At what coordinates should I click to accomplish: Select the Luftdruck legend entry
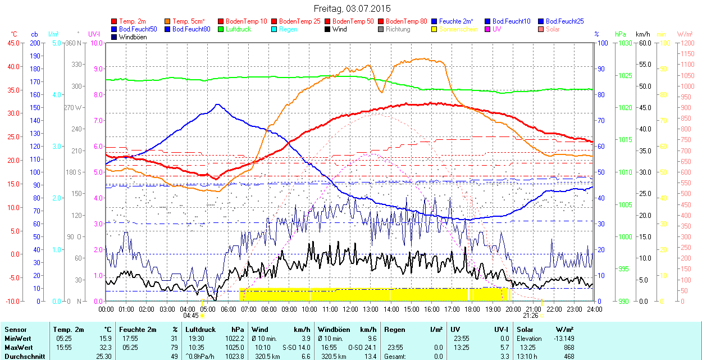click(235, 29)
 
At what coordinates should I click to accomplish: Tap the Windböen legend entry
click(133, 37)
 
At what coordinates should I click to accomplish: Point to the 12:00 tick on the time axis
click(350, 309)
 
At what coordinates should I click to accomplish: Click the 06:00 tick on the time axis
click(228, 309)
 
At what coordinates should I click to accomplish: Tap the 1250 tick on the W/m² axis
click(687, 43)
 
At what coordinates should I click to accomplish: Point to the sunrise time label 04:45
click(191, 316)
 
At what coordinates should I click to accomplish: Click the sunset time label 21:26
click(531, 316)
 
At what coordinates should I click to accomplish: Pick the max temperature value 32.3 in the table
click(105, 348)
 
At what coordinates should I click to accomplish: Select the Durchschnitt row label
click(23, 356)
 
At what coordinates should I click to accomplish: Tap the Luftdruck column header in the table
click(200, 330)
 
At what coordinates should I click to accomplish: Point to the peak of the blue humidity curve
click(217, 104)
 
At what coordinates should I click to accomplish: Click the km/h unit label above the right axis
click(643, 34)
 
